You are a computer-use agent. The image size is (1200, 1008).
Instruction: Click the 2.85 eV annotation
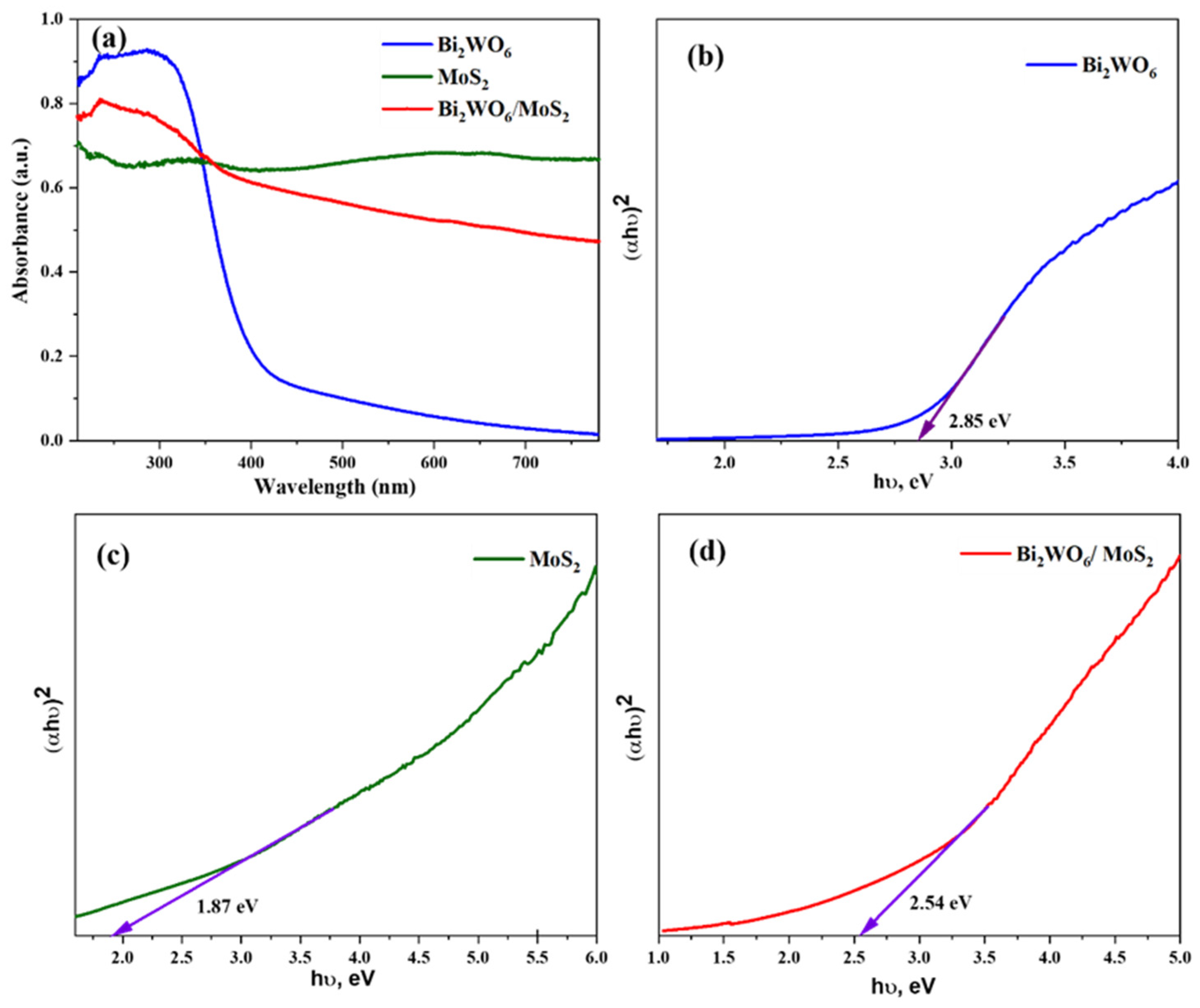click(980, 422)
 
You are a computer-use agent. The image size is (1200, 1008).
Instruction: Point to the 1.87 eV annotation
click(227, 906)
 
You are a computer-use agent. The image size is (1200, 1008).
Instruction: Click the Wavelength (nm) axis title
click(335, 486)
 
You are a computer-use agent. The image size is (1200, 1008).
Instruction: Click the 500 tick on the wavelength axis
click(342, 462)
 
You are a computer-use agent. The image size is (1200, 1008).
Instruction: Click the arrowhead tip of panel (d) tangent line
click(860, 936)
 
